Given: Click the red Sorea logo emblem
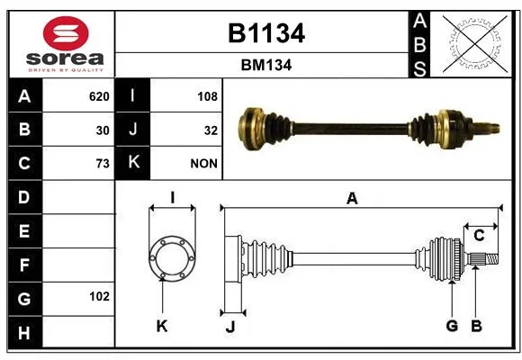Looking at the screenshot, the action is click(x=66, y=33).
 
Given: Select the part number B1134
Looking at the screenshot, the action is click(x=266, y=33).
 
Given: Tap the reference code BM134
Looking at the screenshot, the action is click(x=266, y=66).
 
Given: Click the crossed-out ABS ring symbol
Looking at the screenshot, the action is click(x=475, y=43).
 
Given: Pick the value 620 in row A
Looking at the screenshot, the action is click(x=99, y=96).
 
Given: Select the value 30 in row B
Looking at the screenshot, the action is click(x=103, y=130).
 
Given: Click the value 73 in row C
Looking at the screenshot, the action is click(x=103, y=164).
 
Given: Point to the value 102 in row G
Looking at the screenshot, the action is click(x=99, y=296).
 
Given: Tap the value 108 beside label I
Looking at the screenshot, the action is click(x=207, y=96).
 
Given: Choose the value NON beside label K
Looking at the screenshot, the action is click(x=203, y=164).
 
